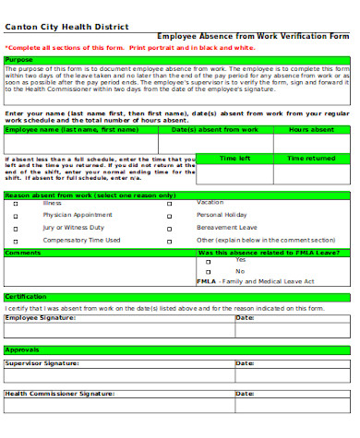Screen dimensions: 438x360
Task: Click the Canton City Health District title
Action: click(54, 27)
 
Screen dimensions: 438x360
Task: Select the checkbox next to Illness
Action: click(16, 203)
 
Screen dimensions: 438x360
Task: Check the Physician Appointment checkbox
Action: click(16, 215)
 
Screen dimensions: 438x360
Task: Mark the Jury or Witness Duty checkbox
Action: click(16, 227)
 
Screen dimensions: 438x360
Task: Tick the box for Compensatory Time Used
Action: click(16, 240)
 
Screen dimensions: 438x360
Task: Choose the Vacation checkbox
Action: click(170, 203)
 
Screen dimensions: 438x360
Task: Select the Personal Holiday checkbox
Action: click(170, 215)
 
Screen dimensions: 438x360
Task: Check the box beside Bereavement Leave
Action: click(170, 227)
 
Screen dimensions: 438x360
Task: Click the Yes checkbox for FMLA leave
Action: click(210, 262)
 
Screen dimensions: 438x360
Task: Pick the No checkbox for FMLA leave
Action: click(210, 272)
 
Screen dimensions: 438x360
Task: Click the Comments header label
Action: click(23, 252)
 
